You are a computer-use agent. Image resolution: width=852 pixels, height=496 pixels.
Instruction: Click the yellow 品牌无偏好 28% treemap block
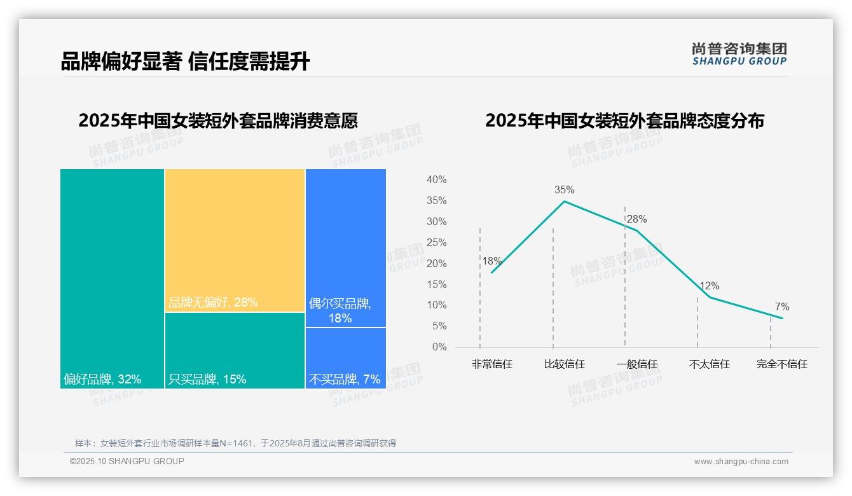[235, 240]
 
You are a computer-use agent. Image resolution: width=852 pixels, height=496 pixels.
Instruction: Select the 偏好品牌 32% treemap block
[112, 278]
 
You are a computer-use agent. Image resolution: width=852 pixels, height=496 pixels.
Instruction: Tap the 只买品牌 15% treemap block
[235, 350]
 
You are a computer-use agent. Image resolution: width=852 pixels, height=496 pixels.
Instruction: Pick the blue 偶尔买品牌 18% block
[345, 248]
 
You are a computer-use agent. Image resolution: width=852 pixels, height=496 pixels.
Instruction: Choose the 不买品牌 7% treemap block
[345, 357]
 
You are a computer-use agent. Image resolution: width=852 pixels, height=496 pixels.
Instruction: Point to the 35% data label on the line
[564, 189]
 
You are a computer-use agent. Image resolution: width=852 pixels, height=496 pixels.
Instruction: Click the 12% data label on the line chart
[710, 286]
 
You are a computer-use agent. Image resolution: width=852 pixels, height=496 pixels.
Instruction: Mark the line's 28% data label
[636, 219]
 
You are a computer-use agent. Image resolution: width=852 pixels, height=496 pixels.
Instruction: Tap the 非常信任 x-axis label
[491, 364]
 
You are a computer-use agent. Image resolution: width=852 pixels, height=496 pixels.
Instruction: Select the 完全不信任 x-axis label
[781, 364]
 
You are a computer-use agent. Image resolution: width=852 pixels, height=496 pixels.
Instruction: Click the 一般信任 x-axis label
[636, 364]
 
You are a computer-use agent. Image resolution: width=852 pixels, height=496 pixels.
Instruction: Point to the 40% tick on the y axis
[436, 180]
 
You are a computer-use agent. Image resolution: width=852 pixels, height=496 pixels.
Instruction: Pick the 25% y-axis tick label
[436, 242]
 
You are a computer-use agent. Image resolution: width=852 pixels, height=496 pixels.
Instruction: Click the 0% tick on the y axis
[439, 347]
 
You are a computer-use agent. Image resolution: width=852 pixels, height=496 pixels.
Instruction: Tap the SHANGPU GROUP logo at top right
[739, 54]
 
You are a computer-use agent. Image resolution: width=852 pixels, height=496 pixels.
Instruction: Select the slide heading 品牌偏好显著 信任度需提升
[185, 62]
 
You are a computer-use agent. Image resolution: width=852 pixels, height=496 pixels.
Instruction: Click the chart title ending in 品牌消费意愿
[218, 120]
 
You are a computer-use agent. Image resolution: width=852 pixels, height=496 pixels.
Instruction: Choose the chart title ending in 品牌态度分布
[624, 120]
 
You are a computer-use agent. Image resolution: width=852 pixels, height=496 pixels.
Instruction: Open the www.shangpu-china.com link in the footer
[741, 462]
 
